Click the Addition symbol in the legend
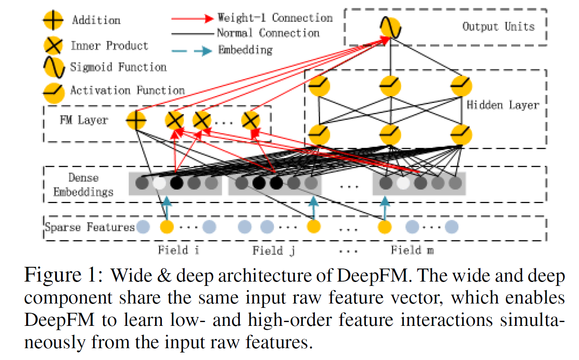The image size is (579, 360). click(x=53, y=20)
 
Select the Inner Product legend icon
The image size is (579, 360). click(x=53, y=46)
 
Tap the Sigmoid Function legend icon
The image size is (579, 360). click(x=54, y=67)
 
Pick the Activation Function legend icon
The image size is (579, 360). click(x=54, y=93)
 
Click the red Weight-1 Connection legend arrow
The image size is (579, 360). click(x=193, y=19)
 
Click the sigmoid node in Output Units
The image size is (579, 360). click(x=391, y=28)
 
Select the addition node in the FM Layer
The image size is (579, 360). click(x=136, y=120)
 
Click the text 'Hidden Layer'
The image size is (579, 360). click(x=503, y=105)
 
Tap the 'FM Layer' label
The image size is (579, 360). click(x=84, y=120)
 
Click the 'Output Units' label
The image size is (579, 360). click(x=499, y=27)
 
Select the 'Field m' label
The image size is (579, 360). click(x=412, y=250)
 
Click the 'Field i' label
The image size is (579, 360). click(x=179, y=250)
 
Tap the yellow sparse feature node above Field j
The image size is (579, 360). click(x=314, y=227)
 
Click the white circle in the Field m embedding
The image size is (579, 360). click(x=403, y=183)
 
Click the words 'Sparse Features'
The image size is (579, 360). click(x=90, y=227)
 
